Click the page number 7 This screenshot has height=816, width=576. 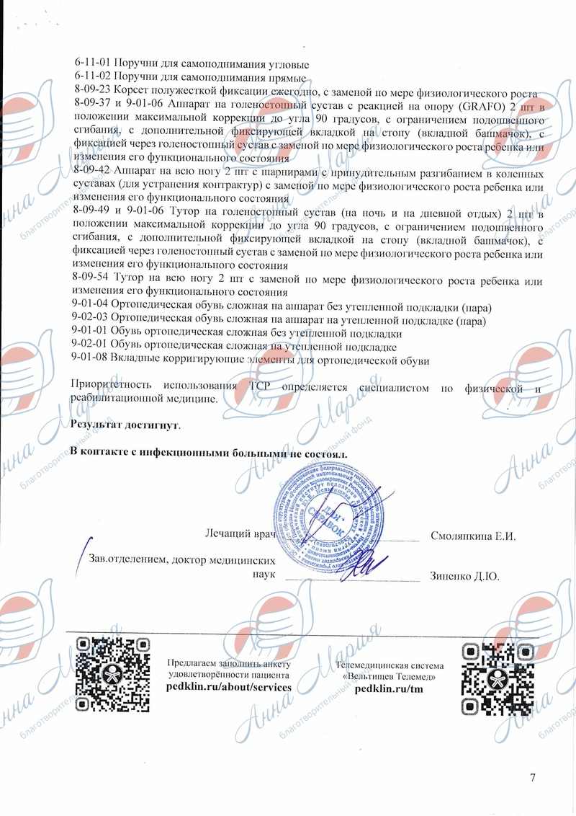(533, 777)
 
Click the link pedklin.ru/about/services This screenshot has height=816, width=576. (228, 688)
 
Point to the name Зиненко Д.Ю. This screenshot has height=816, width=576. (464, 577)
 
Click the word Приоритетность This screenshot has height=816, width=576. (112, 387)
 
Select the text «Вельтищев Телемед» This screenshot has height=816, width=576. (390, 677)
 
